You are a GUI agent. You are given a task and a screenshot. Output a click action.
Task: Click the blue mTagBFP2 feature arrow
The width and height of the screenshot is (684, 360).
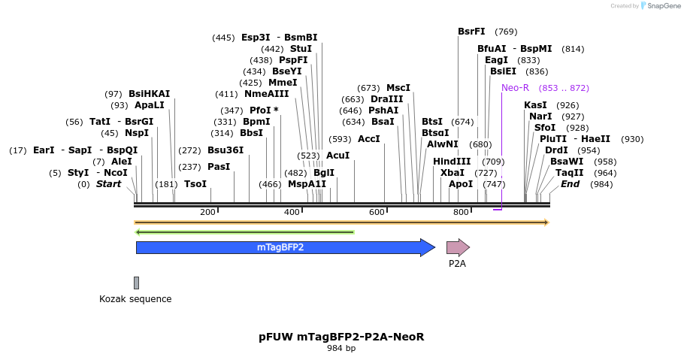click(x=280, y=247)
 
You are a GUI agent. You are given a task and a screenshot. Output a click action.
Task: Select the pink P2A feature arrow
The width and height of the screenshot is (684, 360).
click(x=457, y=247)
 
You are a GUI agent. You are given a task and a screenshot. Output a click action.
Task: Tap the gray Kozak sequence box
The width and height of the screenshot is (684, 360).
click(x=136, y=283)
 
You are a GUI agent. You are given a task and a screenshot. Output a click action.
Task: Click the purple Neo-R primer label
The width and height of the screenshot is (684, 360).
click(x=516, y=88)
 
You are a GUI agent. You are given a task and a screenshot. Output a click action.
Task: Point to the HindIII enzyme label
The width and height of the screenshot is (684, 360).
click(x=452, y=162)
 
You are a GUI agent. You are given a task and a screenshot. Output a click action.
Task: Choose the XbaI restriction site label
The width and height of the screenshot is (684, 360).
click(x=452, y=173)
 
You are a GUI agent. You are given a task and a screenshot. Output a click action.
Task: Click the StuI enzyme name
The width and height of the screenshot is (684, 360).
click(x=301, y=49)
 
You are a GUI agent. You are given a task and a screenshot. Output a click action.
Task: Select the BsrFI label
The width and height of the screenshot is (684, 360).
click(x=471, y=32)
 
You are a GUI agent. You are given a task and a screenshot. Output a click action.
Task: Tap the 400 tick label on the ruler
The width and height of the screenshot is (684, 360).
click(x=292, y=213)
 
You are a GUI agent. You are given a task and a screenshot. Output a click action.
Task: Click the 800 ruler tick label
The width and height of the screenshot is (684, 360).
click(x=461, y=213)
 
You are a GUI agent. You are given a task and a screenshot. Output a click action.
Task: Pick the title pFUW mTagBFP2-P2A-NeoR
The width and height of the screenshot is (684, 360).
click(x=341, y=337)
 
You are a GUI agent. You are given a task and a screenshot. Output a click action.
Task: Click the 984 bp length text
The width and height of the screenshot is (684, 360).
click(x=341, y=349)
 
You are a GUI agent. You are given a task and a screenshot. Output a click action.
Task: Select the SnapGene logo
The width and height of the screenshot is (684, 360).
click(x=653, y=6)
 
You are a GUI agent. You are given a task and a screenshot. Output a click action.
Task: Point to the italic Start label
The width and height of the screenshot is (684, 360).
click(x=108, y=184)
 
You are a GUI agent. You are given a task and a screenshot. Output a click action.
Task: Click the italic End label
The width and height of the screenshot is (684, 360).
click(x=570, y=184)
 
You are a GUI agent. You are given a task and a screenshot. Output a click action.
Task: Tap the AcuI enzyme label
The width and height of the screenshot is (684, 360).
click(x=338, y=156)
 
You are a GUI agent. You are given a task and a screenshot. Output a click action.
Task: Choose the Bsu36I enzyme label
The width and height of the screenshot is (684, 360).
click(x=225, y=150)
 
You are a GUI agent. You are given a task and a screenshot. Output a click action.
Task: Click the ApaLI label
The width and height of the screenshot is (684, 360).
click(x=150, y=105)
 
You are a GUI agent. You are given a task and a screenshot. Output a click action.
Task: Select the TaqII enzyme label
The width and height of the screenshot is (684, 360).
click(x=569, y=173)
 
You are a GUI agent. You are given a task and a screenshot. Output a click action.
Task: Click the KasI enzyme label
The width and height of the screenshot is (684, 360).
click(x=535, y=105)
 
